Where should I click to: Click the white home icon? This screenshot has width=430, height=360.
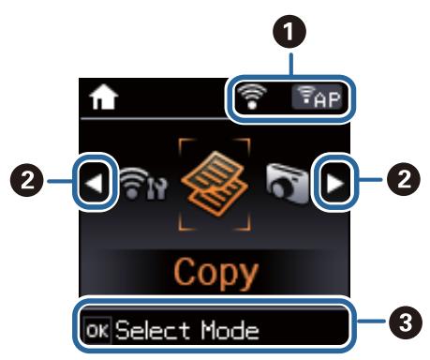coord(97,97)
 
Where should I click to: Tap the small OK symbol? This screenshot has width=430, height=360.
coord(96,330)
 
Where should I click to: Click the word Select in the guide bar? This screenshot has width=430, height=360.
coord(142,330)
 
